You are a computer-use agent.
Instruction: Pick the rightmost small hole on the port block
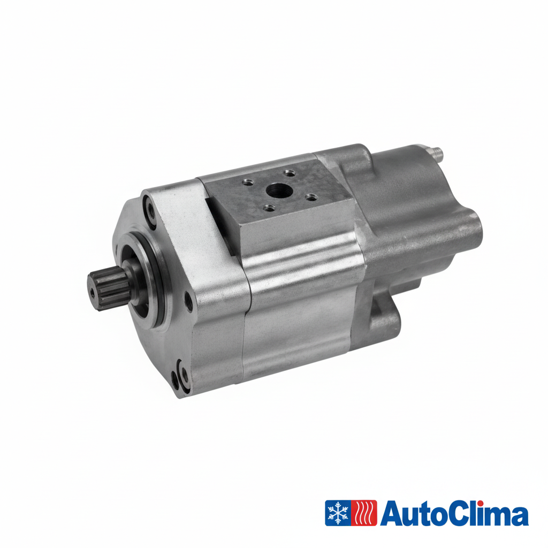[x=311, y=197]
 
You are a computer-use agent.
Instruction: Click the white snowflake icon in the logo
[x=338, y=513]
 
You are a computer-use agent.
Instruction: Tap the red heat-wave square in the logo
[x=364, y=513]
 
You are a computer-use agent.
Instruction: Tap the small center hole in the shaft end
[x=92, y=293]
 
